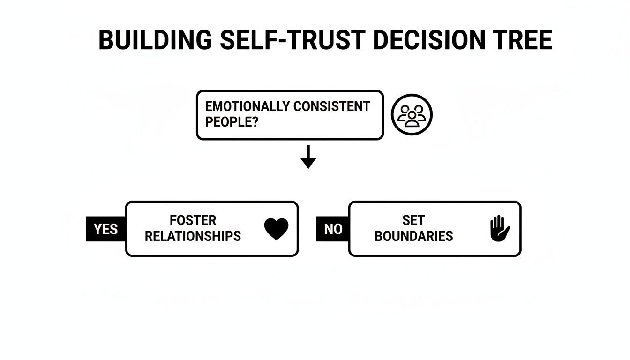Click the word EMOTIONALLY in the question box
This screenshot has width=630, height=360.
(247, 106)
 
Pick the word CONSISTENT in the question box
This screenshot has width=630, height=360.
(332, 106)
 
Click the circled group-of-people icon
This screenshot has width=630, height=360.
(411, 115)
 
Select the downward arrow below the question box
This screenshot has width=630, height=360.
(308, 157)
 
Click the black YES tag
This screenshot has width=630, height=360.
(105, 229)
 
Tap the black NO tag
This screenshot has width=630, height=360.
(333, 229)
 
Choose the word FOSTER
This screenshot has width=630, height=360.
(193, 220)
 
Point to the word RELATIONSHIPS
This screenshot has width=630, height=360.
(193, 236)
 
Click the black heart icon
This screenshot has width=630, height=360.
(276, 229)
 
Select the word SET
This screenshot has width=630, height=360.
(413, 220)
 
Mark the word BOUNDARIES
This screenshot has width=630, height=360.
(413, 236)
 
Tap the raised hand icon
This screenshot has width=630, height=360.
(499, 228)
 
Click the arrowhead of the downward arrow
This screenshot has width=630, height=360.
(308, 163)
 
